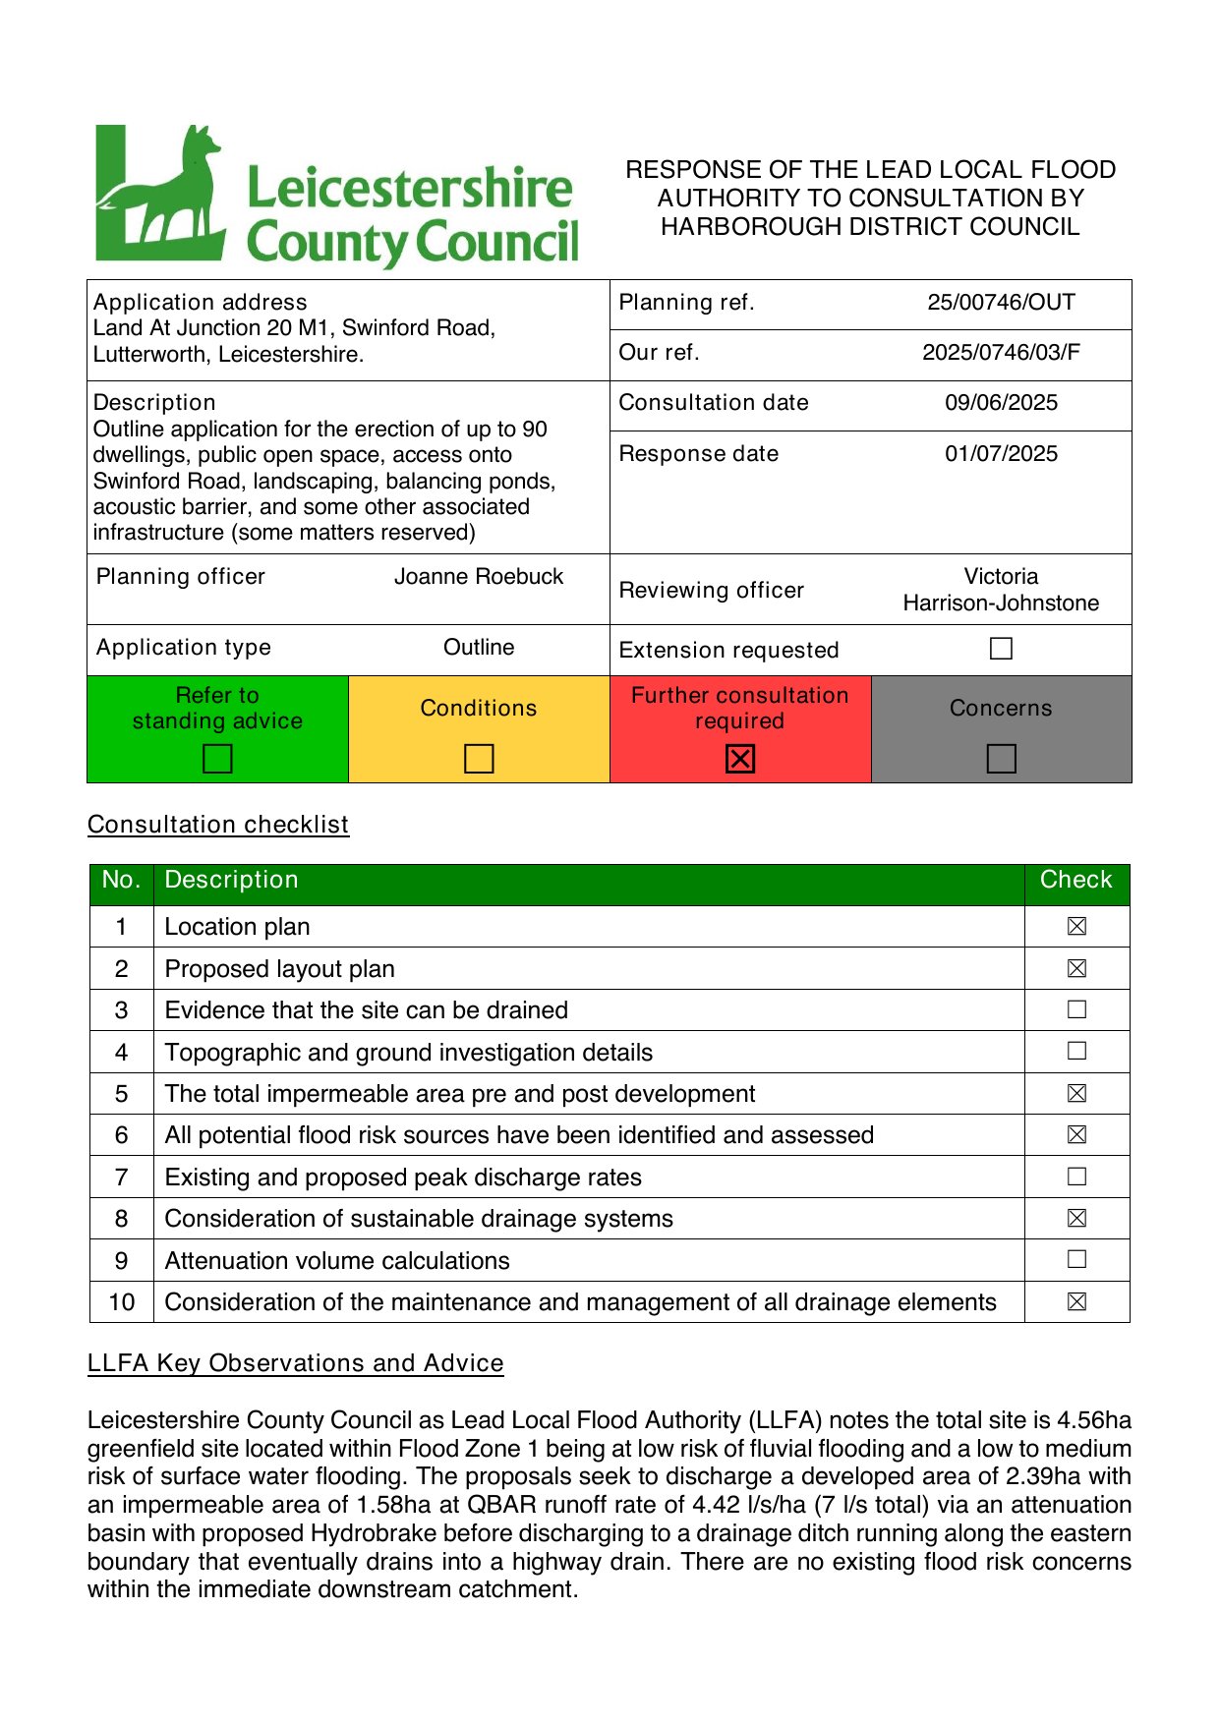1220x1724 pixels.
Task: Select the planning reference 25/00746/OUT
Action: (x=1001, y=303)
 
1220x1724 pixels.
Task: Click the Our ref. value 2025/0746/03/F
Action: (x=1001, y=353)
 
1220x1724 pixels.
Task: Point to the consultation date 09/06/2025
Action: (x=1001, y=403)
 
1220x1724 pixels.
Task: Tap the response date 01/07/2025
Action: (x=1001, y=454)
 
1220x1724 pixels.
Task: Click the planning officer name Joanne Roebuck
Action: (x=479, y=577)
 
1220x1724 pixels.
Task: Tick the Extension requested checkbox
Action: (x=1001, y=649)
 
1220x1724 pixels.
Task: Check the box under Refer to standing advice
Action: (x=217, y=759)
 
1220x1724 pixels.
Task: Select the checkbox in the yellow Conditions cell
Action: (x=479, y=759)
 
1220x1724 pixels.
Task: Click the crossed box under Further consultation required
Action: (x=740, y=759)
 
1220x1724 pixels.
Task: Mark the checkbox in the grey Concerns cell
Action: (x=1001, y=759)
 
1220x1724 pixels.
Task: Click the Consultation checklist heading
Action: (x=218, y=825)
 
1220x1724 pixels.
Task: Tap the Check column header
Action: (x=1076, y=881)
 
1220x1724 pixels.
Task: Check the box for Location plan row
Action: (x=1076, y=926)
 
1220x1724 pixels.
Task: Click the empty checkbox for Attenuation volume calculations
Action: (x=1076, y=1259)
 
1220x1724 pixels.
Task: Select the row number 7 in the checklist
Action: (x=121, y=1178)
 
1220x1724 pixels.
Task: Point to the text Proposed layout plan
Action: (x=280, y=969)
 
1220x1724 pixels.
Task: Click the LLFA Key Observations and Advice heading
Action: (x=296, y=1363)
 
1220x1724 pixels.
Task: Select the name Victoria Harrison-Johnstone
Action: (x=1001, y=590)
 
